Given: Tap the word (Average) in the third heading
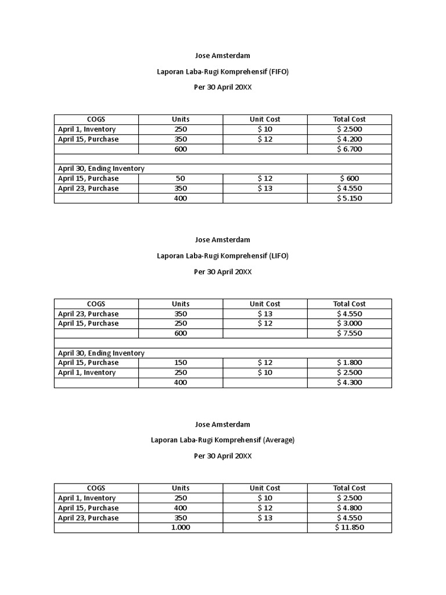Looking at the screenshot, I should pos(279,440).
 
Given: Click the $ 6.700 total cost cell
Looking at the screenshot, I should pos(349,149).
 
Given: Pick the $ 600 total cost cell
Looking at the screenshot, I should pos(349,178).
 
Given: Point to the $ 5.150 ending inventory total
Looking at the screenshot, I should pos(349,198).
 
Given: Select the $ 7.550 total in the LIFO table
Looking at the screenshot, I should pos(349,334).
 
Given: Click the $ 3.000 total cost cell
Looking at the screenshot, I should pos(349,324).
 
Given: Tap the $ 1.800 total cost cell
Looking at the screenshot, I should pos(349,363).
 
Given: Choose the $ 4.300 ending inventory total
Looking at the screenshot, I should pos(349,382).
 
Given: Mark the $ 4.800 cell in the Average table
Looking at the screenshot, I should pos(349,508).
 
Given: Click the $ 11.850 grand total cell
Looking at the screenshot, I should pos(349,528).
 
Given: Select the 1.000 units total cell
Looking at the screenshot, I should pos(181,528).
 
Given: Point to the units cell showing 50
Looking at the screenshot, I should pos(181,178).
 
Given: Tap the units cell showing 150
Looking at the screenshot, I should pos(181,363).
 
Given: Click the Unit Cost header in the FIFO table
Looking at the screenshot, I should pos(265,119).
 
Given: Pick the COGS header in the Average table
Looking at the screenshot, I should pos(96,488).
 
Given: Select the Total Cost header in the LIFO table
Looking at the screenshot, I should pos(349,304).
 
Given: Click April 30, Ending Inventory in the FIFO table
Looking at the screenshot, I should pos(101,169).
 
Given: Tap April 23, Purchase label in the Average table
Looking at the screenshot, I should pos(88,518).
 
